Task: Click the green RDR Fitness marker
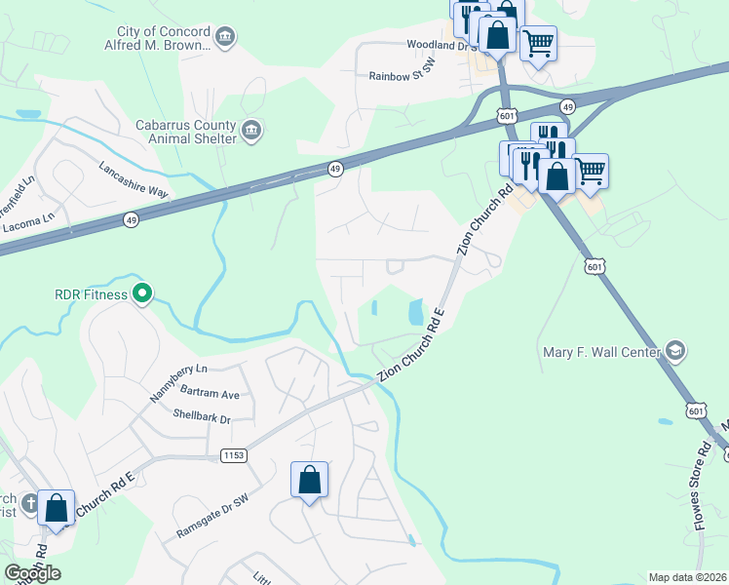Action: point(142,292)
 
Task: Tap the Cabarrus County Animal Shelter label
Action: point(185,132)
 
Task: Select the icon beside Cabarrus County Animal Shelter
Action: point(251,131)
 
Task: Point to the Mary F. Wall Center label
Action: point(600,351)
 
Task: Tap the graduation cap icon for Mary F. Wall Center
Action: point(674,351)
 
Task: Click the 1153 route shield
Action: point(233,455)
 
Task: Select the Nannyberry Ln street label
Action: point(179,384)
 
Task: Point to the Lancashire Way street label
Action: point(134,180)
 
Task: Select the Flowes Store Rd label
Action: point(705,468)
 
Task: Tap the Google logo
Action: point(32,573)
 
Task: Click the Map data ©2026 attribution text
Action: point(688,577)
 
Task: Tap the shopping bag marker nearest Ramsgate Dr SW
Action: point(309,481)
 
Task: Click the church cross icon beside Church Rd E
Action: point(30,504)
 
